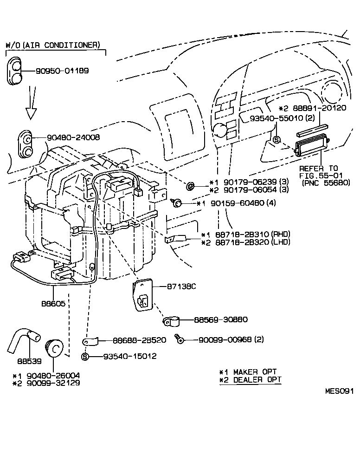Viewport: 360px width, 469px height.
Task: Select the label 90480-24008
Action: [x=73, y=137]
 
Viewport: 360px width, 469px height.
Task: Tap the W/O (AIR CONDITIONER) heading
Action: [x=52, y=45]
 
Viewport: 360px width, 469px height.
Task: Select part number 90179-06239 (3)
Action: [x=249, y=182]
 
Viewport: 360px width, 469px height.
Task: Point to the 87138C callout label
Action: [x=181, y=287]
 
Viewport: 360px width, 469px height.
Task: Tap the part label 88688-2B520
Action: [x=139, y=340]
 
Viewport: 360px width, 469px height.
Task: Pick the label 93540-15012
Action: [x=129, y=356]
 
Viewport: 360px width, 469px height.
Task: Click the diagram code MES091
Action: [x=339, y=391]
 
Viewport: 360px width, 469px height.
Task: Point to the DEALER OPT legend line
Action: [x=250, y=379]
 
